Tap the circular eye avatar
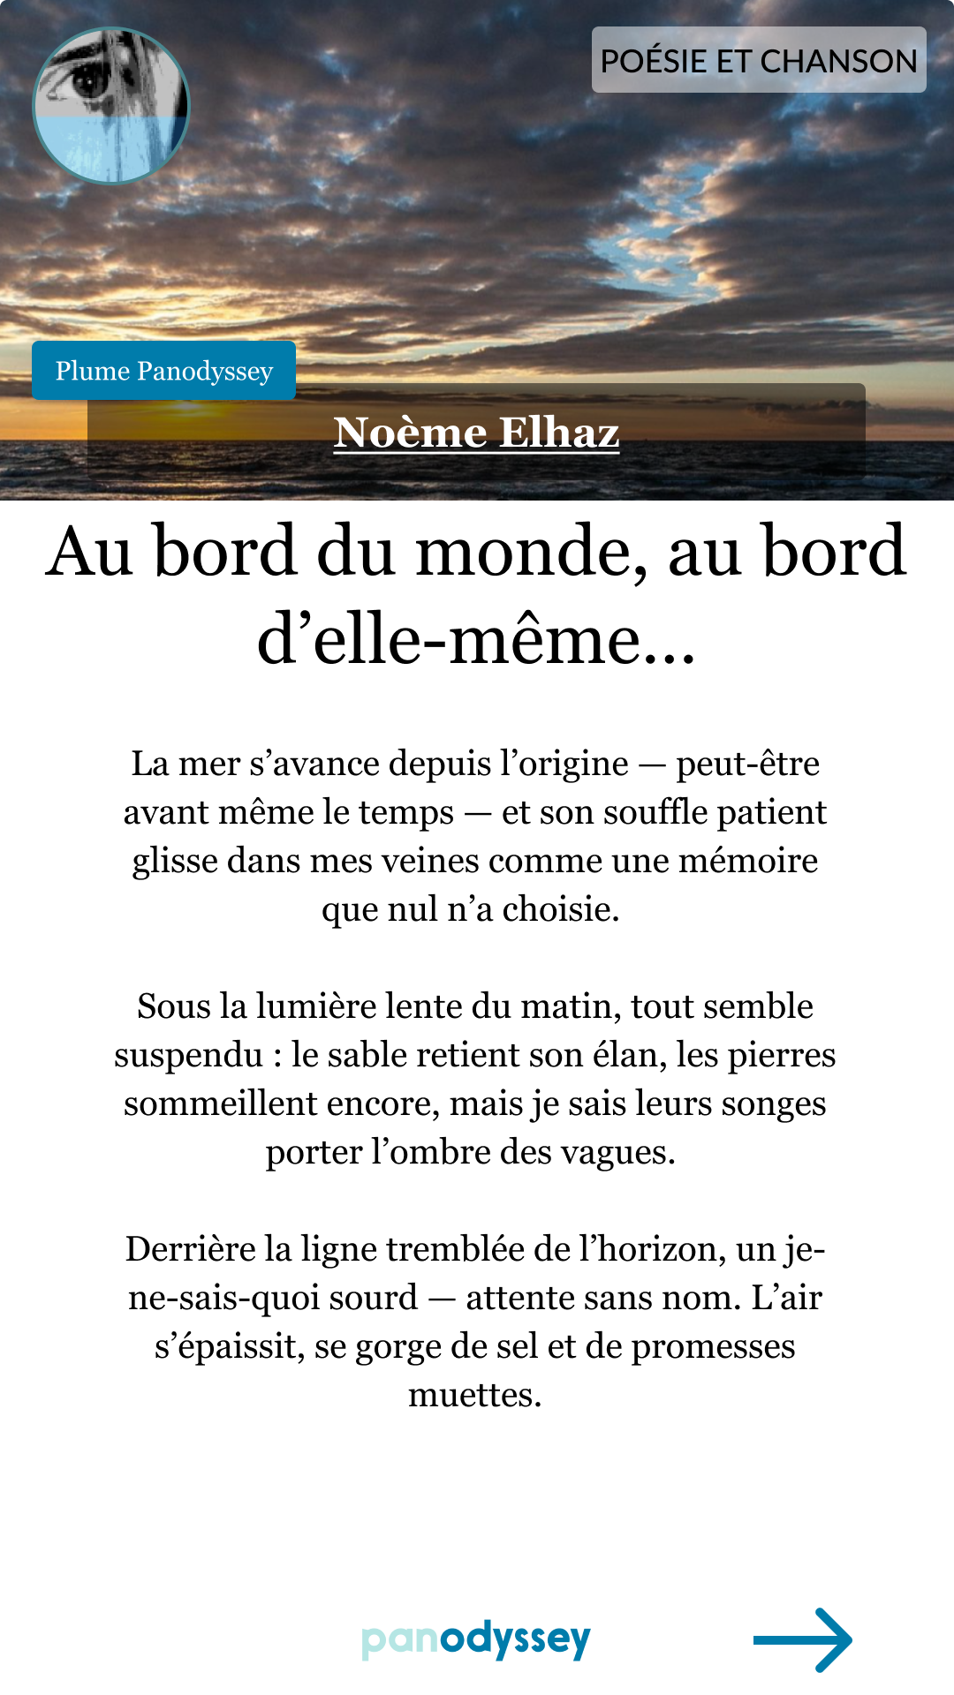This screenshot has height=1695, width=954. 111,106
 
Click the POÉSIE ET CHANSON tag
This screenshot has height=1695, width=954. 759,60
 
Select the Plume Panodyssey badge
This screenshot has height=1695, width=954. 164,371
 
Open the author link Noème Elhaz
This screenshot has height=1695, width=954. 476,433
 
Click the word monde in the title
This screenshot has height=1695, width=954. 531,552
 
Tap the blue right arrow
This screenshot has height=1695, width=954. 802,1639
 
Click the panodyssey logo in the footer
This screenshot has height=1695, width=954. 476,1639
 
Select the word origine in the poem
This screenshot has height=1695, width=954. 573,764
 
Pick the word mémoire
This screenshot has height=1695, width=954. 748,861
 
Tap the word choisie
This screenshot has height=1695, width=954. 560,909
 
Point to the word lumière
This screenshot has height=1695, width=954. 323,1006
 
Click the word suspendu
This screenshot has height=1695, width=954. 189,1055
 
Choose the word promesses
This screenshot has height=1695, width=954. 713,1346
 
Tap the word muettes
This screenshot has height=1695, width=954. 474,1395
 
